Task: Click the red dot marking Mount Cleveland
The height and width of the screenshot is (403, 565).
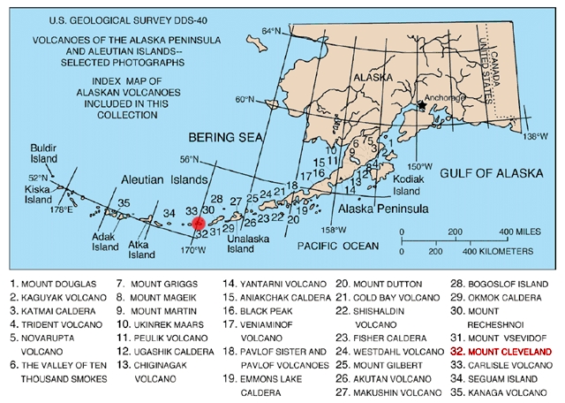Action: [x=200, y=224]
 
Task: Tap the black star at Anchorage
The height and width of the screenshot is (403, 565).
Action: [x=422, y=105]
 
